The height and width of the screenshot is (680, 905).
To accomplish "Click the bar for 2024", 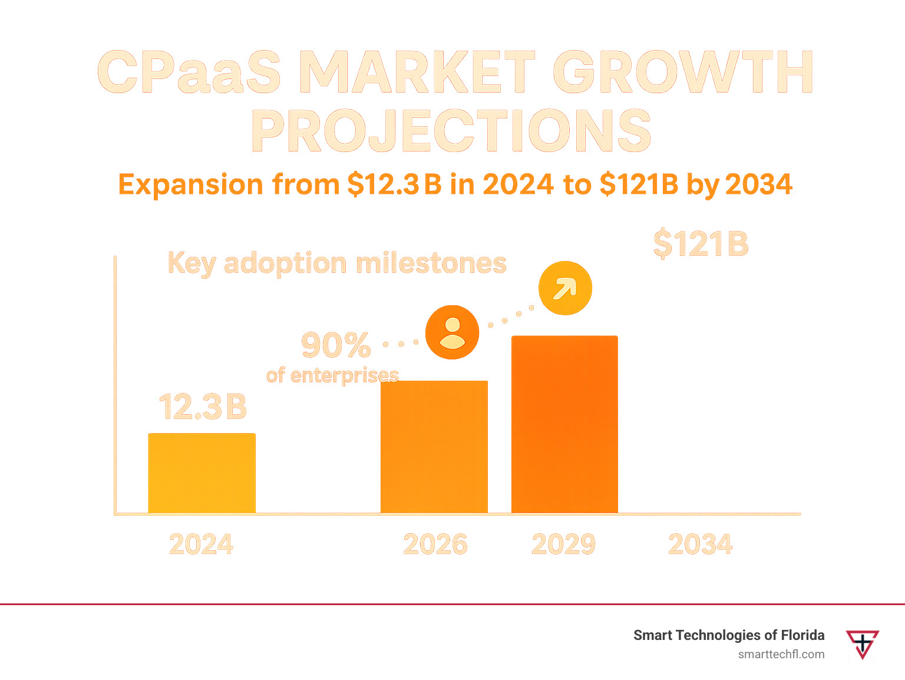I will [202, 473].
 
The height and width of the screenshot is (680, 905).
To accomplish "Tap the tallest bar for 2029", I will [564, 424].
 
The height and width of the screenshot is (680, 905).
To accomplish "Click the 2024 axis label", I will [201, 544].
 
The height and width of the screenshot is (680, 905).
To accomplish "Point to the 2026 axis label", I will [435, 544].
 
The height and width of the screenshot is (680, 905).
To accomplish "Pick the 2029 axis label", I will [564, 544].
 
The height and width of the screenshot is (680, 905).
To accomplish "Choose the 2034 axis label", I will [701, 544].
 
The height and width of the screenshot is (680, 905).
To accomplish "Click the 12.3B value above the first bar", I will [203, 407].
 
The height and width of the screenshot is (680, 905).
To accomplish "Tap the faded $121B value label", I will [701, 244].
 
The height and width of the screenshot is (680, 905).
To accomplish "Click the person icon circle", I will [452, 332].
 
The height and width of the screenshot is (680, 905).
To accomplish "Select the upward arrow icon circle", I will [565, 288].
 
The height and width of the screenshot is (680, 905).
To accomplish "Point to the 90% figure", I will [336, 345].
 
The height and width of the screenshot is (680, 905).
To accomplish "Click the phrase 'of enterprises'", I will [332, 375].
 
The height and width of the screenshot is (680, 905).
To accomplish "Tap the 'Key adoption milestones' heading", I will [337, 263].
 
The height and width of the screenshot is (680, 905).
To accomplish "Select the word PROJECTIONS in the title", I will [452, 131].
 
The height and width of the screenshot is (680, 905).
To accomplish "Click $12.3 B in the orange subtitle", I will [394, 184].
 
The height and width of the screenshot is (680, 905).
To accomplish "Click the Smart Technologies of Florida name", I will [729, 635].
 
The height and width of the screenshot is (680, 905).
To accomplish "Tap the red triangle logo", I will [863, 643].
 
